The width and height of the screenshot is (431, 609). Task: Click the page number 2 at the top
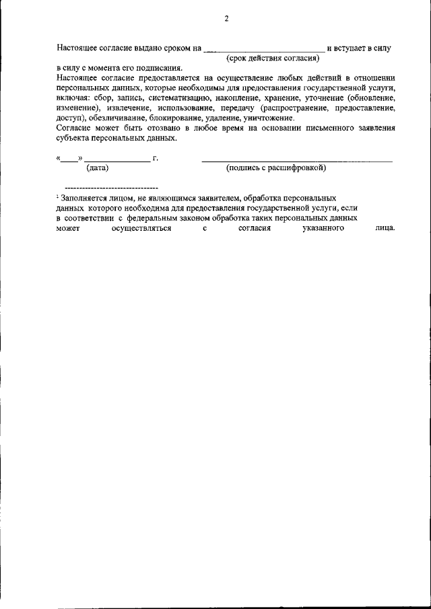point(226,19)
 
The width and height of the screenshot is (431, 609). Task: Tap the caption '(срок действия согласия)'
point(272,59)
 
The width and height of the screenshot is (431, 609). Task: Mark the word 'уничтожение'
point(267,117)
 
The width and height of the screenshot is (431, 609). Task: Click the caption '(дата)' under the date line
point(97,167)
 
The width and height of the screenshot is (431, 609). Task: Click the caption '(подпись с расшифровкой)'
point(276,167)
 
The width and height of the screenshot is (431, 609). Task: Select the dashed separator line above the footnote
point(110,186)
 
